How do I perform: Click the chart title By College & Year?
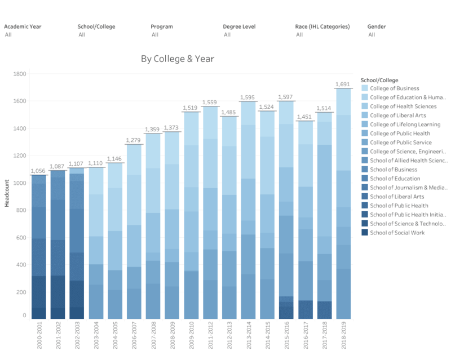(178, 59)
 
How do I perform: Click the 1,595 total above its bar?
(248, 97)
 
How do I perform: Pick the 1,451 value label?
(305, 117)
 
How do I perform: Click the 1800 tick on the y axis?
(20, 74)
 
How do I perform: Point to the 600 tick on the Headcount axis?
(21, 238)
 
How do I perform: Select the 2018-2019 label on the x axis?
(343, 336)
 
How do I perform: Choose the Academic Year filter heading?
(23, 26)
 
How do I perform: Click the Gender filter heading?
(377, 26)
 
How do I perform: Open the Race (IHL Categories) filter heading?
(322, 26)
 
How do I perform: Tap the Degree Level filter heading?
(238, 26)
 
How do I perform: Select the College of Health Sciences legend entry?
(403, 106)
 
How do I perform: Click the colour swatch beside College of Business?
(365, 88)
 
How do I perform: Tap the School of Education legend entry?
(396, 179)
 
